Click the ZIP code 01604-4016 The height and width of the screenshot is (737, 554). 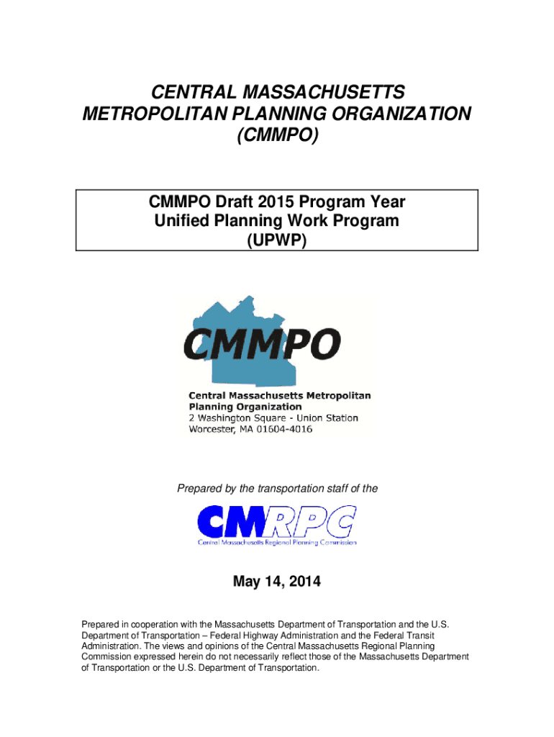286,430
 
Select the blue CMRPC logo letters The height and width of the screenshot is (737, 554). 277,520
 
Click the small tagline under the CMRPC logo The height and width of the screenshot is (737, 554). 277,542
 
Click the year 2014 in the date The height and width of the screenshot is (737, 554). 304,582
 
